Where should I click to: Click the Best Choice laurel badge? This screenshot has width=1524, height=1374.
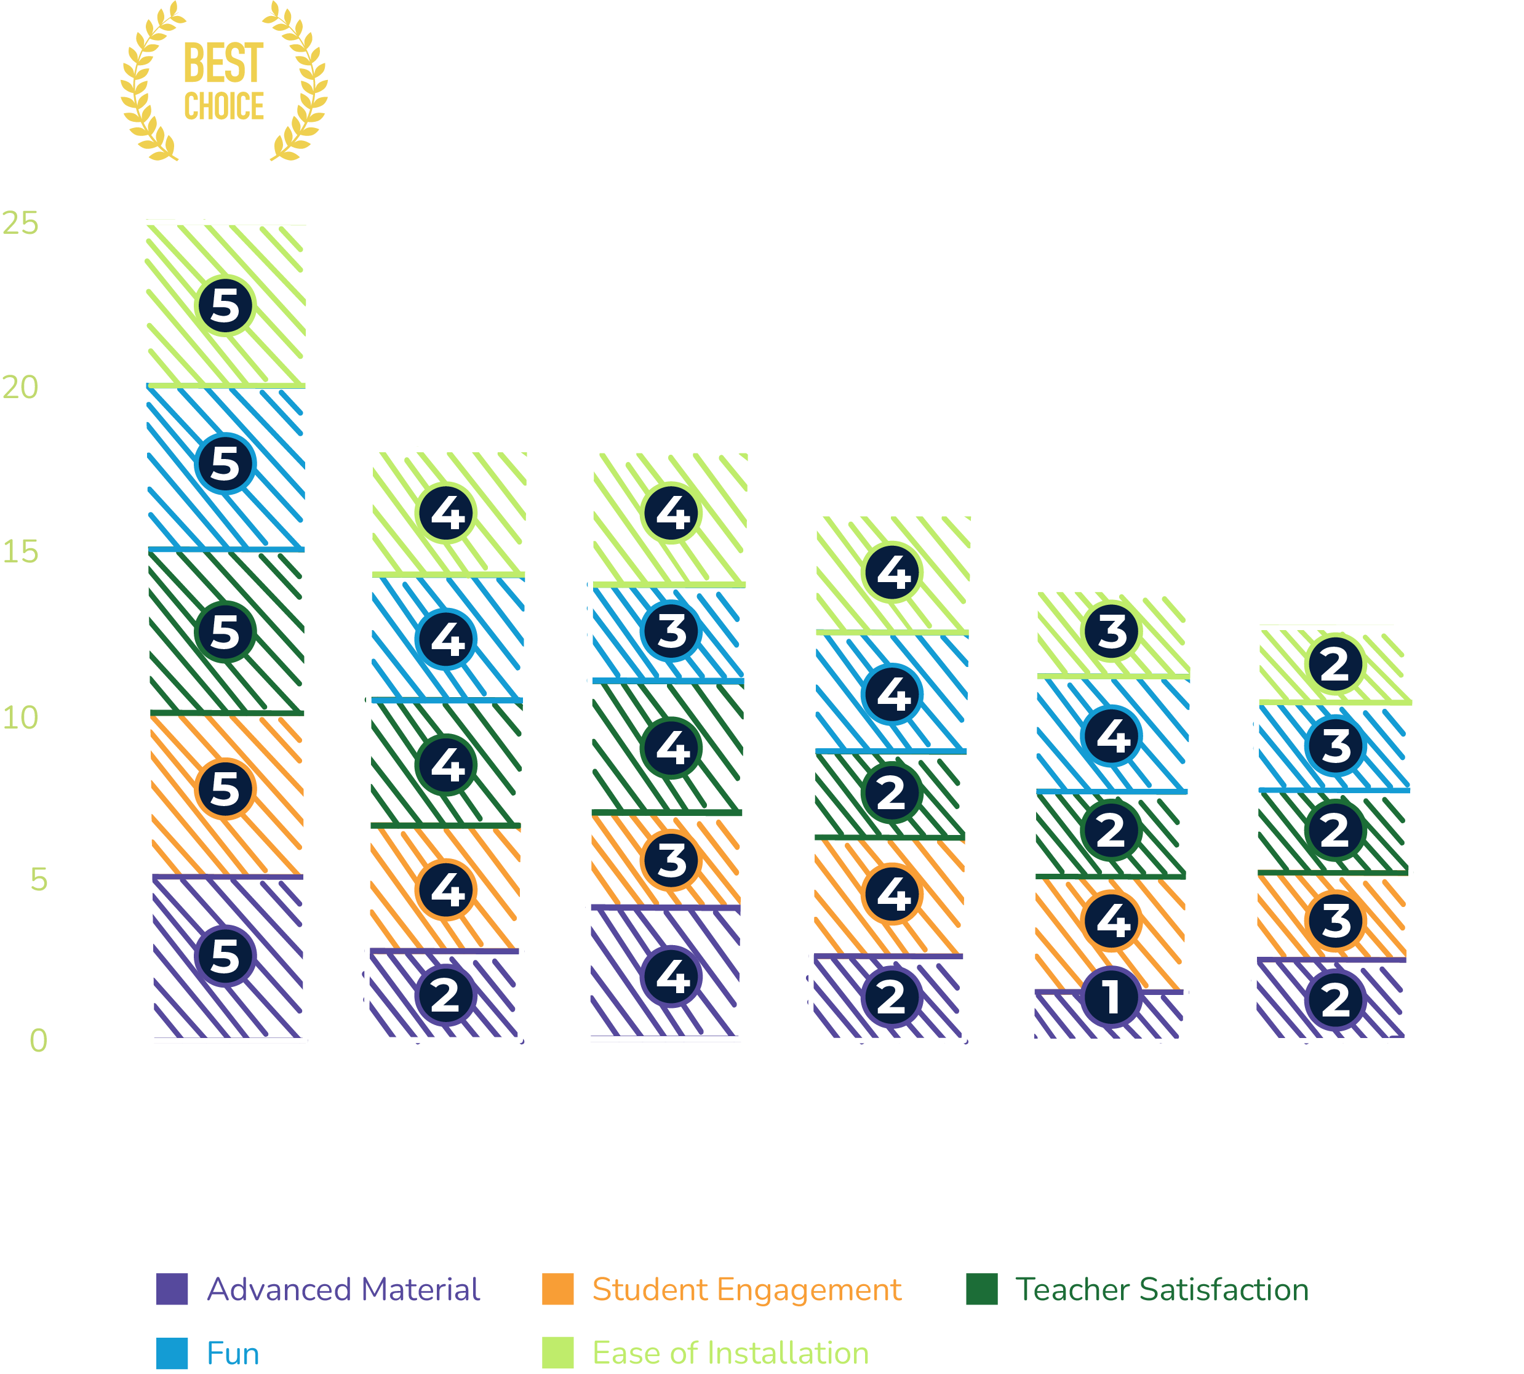(224, 82)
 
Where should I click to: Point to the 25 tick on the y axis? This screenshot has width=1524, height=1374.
(20, 223)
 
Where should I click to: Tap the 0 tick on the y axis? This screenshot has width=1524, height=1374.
(38, 1040)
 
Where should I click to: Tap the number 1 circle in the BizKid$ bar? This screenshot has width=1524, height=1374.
(1111, 997)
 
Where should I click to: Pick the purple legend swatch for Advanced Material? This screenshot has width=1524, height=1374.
(172, 1290)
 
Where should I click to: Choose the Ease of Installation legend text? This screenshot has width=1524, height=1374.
(730, 1354)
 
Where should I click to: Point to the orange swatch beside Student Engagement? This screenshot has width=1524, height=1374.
(558, 1290)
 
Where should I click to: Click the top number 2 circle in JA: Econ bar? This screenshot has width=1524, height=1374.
(1334, 665)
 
